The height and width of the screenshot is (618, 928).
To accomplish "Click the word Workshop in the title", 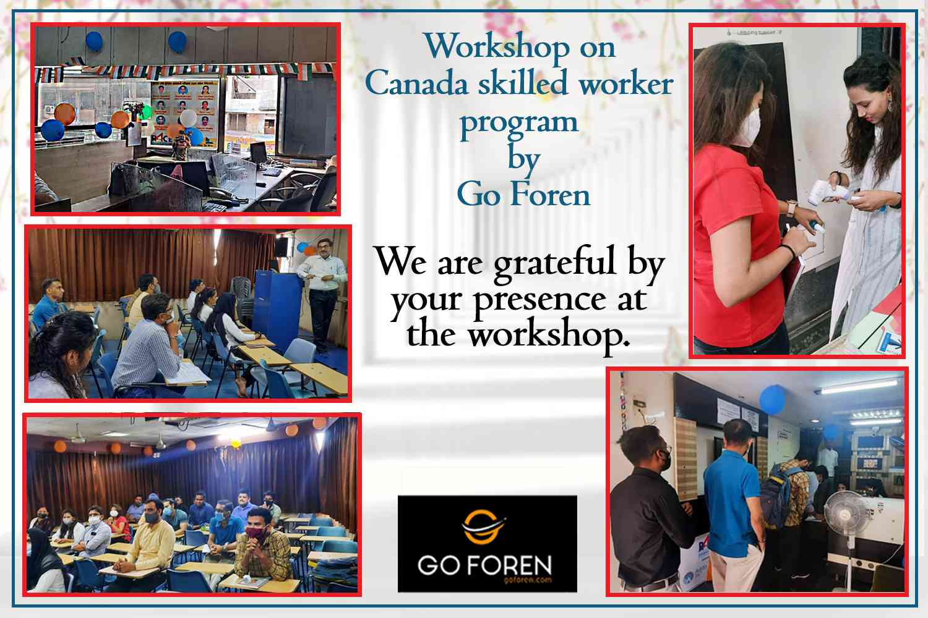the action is point(496,47).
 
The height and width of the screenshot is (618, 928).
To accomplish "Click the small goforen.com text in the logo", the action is point(527,580).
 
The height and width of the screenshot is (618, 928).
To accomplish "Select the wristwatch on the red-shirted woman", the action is point(791,208).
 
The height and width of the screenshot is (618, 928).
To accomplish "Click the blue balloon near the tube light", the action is point(772,399).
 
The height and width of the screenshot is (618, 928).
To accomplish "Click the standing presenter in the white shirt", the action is point(323,295).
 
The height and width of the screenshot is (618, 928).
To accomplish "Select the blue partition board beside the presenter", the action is point(278,308).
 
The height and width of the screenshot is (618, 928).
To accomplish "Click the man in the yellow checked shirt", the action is point(263,544).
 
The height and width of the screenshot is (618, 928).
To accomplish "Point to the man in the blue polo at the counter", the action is point(733,505).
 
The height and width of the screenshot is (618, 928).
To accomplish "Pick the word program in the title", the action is point(520,124).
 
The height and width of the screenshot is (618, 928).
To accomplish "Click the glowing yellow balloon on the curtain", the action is point(236,443).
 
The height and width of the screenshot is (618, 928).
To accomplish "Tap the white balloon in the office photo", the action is point(188,118).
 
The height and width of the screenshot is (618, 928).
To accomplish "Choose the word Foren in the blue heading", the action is point(551,195).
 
